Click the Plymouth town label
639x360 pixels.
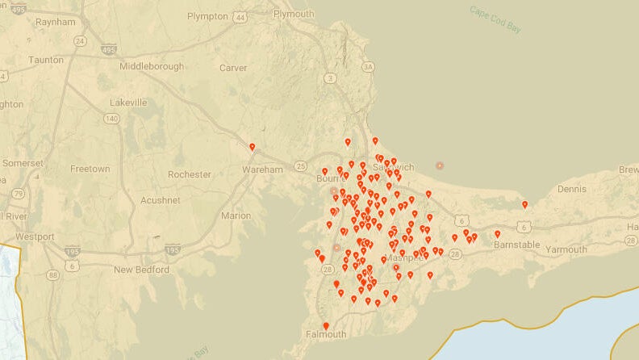(x=294, y=14)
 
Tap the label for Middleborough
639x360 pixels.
(x=152, y=66)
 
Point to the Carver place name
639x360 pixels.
(x=233, y=68)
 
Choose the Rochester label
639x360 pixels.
(x=189, y=174)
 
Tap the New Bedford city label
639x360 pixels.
(x=139, y=270)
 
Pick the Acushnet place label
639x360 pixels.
(x=161, y=199)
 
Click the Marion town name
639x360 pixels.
(x=236, y=216)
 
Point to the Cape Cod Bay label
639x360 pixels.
(x=495, y=19)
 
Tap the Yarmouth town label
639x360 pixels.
(x=566, y=249)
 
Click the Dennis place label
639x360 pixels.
(x=571, y=189)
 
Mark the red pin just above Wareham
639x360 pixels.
(x=253, y=147)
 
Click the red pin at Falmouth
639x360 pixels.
(x=326, y=326)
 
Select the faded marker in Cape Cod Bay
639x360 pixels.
(x=440, y=165)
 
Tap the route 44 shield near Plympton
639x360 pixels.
(x=240, y=16)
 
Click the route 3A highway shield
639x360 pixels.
(x=370, y=67)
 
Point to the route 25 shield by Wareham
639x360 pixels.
(x=301, y=166)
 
